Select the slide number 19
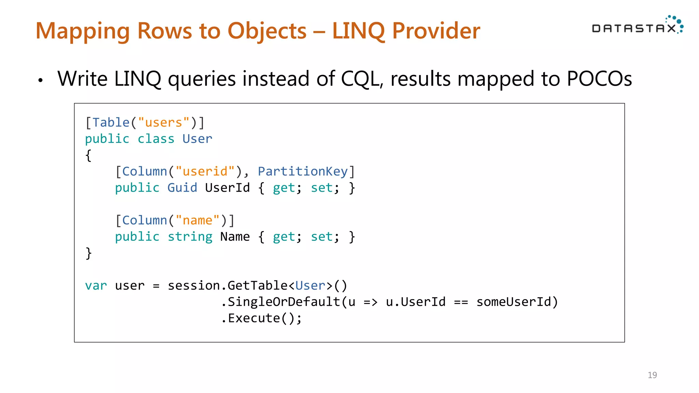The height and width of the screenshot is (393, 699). click(652, 375)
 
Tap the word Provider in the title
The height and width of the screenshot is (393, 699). click(436, 31)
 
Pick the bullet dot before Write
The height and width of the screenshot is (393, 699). click(41, 81)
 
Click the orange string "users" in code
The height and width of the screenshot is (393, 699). click(163, 122)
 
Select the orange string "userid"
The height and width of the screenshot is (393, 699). click(205, 171)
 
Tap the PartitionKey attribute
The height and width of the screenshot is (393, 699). click(302, 171)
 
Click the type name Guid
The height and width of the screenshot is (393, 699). click(182, 188)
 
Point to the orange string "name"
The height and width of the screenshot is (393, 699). click(197, 220)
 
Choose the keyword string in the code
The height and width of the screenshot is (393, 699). click(190, 237)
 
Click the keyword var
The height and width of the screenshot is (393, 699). click(96, 286)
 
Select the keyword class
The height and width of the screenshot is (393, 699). click(156, 139)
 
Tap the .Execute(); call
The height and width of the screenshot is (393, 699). click(261, 318)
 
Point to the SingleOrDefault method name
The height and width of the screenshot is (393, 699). click(284, 302)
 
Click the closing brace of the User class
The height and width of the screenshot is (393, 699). click(89, 253)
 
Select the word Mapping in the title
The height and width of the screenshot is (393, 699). click(83, 31)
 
